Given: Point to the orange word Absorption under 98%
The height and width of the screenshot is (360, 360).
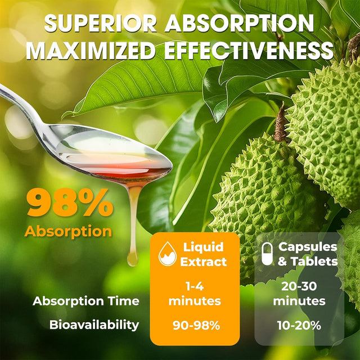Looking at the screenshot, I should (68, 231).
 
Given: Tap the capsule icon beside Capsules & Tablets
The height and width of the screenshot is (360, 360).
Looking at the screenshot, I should (268, 254).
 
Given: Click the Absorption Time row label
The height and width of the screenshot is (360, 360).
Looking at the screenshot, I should (85, 301).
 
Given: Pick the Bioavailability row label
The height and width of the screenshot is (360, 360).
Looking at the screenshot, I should (94, 325).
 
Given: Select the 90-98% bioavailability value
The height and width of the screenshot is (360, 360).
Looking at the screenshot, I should (195, 325).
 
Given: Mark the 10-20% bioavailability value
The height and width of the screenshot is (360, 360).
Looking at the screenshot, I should (299, 325).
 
